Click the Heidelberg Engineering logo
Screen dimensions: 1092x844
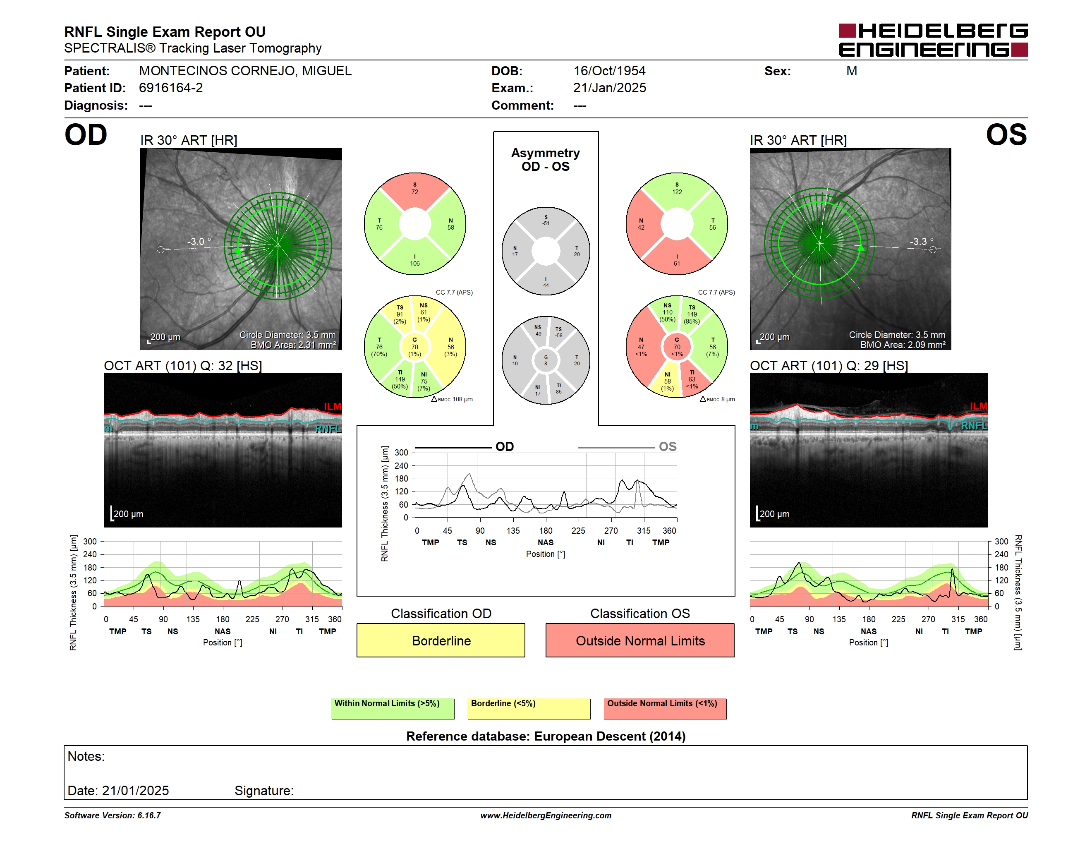click(x=933, y=40)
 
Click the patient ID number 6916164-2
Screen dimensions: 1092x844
click(x=171, y=88)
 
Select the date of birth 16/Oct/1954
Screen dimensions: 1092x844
click(x=609, y=71)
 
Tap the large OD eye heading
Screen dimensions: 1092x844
click(x=86, y=135)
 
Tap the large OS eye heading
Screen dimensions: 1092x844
click(x=1006, y=135)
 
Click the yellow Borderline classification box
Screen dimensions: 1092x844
click(x=441, y=640)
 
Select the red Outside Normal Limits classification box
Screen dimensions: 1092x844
click(x=640, y=640)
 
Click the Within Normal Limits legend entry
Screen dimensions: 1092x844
click(x=393, y=708)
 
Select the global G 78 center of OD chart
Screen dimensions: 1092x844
click(x=414, y=347)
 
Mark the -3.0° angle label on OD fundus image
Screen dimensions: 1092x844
click(x=199, y=242)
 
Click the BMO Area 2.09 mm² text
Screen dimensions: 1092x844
click(x=903, y=345)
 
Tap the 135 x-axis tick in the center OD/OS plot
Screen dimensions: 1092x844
click(x=513, y=530)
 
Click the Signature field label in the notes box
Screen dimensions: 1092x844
click(x=264, y=791)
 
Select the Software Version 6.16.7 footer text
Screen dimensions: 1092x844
click(x=113, y=815)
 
